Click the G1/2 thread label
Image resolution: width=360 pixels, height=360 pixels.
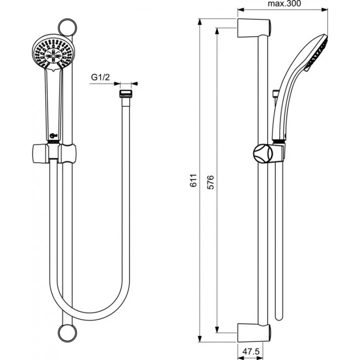[100, 77]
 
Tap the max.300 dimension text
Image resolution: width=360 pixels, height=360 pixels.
[284, 4]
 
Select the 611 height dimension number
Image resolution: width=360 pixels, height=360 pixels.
[193, 180]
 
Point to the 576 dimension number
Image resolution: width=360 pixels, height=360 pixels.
[210, 182]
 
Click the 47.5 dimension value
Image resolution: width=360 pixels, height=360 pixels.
[251, 351]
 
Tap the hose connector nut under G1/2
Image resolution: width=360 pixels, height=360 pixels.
[126, 94]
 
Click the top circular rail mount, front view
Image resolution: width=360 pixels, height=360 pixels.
[67, 27]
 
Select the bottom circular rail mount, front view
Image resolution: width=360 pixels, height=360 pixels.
[67, 333]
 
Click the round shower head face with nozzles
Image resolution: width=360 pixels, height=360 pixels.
[53, 52]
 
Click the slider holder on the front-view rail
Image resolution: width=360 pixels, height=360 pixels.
[54, 153]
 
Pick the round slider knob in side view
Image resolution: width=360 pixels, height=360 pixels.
[263, 154]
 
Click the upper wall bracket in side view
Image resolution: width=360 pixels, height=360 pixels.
[254, 28]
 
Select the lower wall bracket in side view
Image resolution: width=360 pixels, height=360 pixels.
[254, 333]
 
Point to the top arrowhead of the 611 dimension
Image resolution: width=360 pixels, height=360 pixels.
[200, 22]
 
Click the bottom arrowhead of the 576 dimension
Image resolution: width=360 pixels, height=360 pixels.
[217, 329]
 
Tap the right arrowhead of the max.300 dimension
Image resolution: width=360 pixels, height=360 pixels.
[324, 9]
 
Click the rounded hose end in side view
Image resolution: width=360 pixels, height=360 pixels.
[279, 317]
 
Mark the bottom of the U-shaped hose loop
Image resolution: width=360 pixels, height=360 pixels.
[90, 316]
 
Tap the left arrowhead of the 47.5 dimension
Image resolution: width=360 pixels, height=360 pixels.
[241, 358]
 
